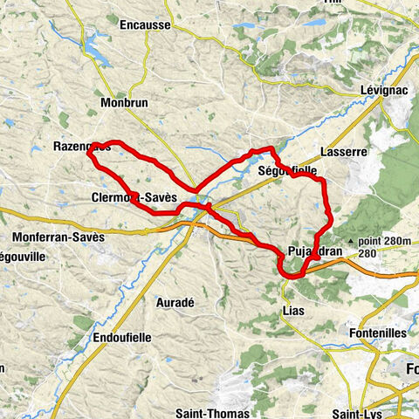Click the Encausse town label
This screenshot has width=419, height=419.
146,49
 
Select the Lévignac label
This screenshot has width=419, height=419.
384,90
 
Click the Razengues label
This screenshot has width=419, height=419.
80,147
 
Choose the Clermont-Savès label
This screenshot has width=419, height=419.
134,199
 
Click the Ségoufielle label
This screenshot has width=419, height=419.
287,172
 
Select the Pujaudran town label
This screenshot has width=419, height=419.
307,252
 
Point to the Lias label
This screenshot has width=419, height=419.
292,310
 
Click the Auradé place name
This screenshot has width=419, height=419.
171,302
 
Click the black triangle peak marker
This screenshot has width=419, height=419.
349,240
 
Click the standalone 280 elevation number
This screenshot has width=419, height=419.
367,253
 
